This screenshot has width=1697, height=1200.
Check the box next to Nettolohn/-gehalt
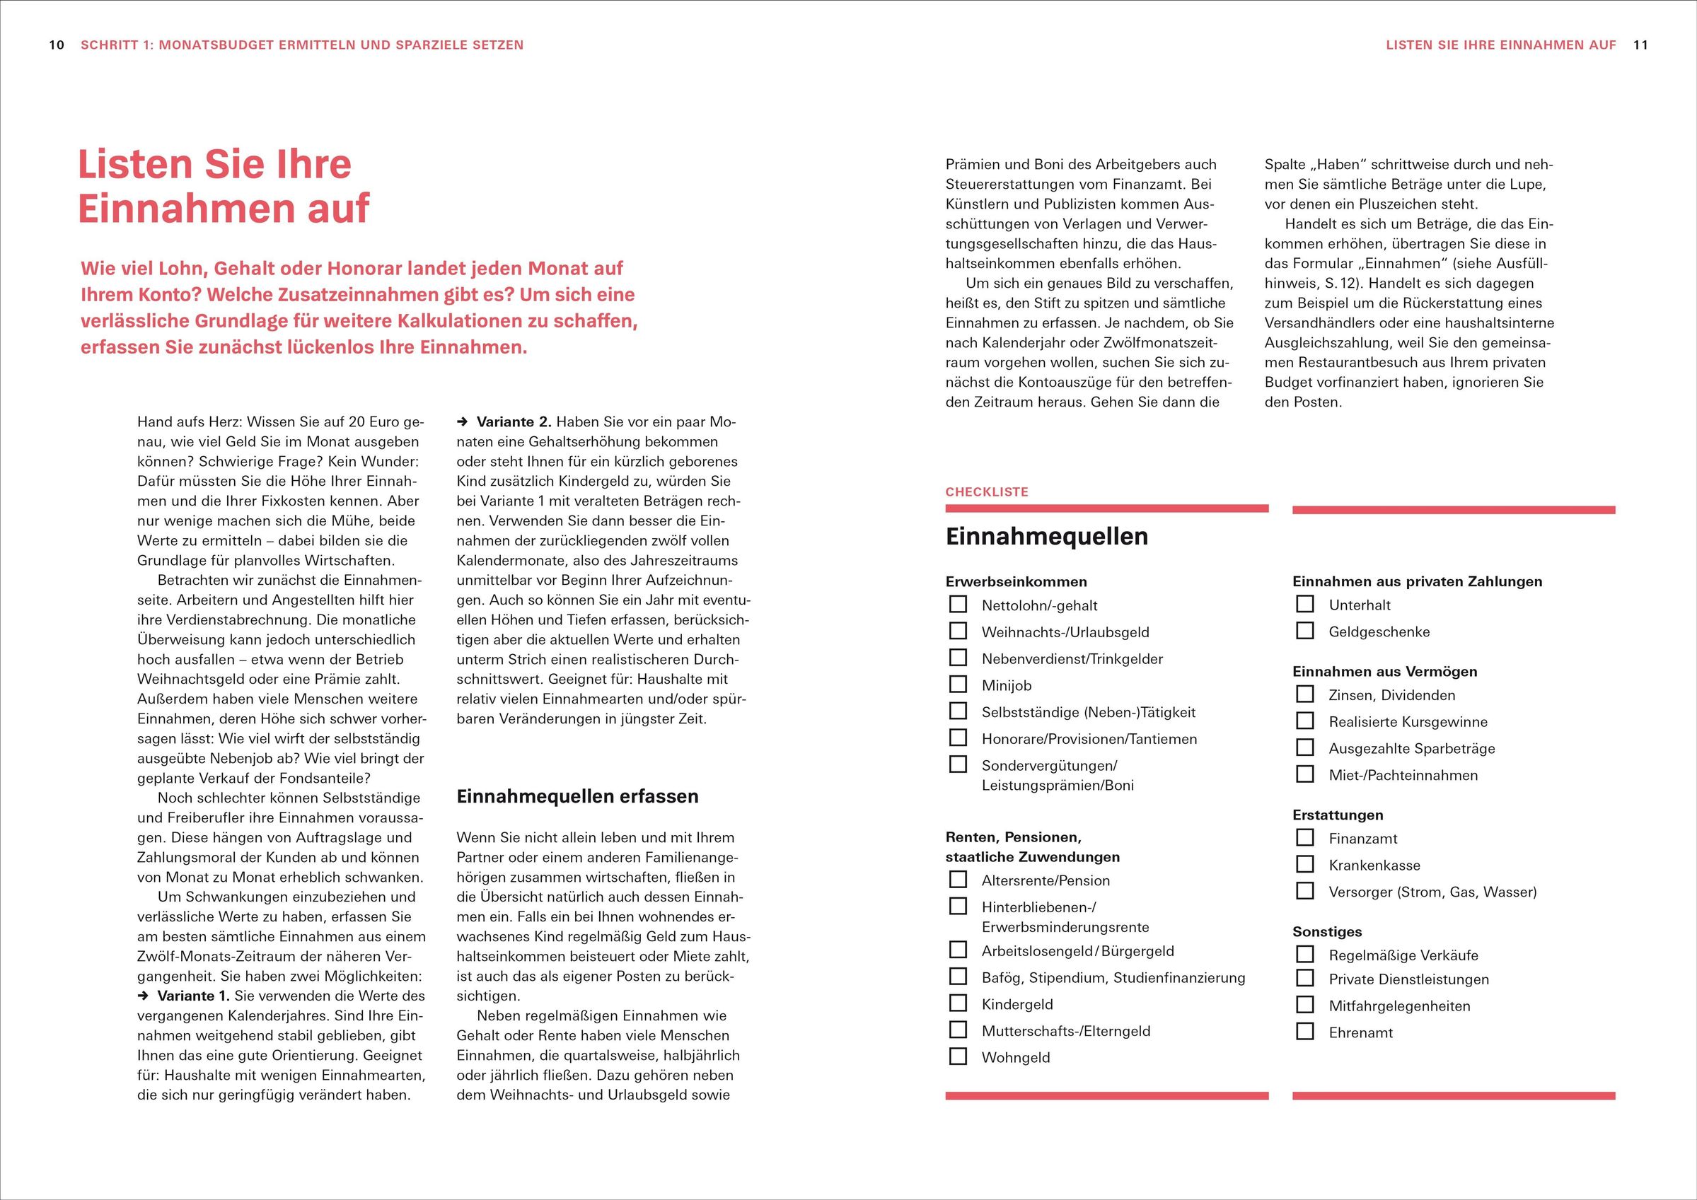[958, 605]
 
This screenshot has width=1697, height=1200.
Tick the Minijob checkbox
[958, 685]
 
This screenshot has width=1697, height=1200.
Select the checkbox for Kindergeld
[958, 1003]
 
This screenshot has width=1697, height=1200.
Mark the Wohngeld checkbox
[958, 1056]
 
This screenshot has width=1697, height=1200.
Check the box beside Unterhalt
[1305, 604]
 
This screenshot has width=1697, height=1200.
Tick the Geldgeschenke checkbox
[1305, 631]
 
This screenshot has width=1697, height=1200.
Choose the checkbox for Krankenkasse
[1305, 864]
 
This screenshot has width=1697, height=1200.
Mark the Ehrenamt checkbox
[1305, 1032]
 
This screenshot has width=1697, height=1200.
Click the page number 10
[57, 45]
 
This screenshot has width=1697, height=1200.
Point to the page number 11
[1641, 45]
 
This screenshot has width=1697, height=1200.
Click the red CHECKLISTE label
[987, 492]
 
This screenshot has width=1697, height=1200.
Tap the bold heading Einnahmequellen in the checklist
[1047, 537]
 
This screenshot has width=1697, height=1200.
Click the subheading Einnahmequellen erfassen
[577, 796]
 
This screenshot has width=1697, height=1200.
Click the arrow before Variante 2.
[463, 423]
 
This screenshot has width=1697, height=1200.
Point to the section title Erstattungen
[1338, 815]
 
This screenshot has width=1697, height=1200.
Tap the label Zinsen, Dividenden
[1391, 695]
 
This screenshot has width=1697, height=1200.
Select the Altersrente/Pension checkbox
[958, 879]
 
